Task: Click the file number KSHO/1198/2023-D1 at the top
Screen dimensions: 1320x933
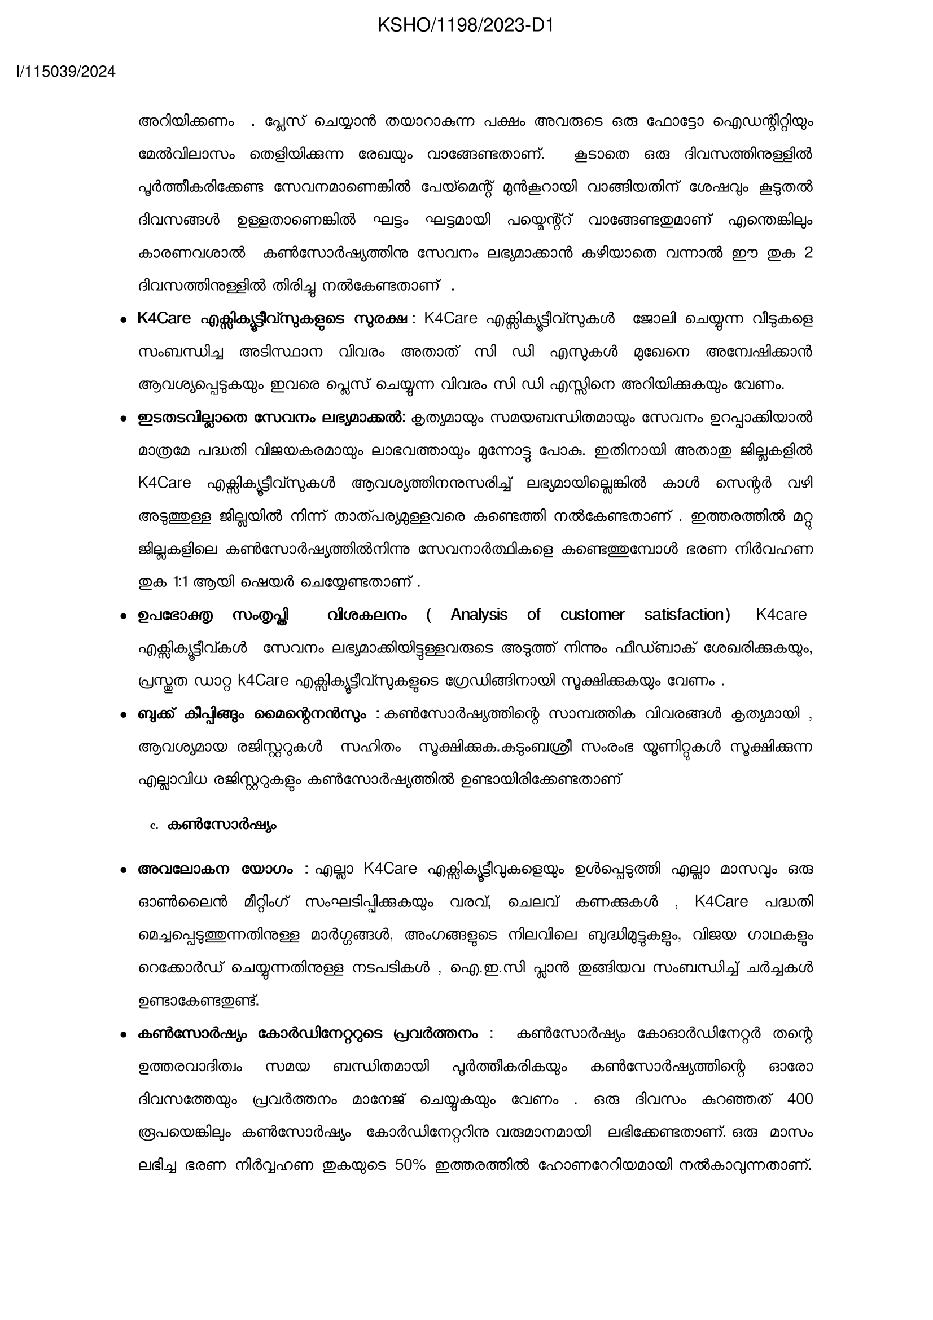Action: [x=466, y=25]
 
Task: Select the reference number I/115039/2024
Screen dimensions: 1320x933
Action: [x=66, y=72]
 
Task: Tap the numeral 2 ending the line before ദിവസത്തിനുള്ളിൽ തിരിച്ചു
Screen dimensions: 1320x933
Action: [x=808, y=253]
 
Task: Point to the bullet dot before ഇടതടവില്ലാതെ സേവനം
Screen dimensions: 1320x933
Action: [x=122, y=419]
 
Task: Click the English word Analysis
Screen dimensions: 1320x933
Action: [x=479, y=615]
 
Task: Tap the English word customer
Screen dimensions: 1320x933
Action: [x=592, y=615]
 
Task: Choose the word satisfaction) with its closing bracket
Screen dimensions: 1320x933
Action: [x=687, y=615]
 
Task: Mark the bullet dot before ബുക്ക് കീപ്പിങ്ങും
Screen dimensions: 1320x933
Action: [x=122, y=716]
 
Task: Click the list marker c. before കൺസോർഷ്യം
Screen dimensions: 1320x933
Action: [x=154, y=826]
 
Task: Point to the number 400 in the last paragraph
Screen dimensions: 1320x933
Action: [x=800, y=1099]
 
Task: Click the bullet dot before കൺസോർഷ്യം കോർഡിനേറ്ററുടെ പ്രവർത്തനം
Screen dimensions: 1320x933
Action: [x=122, y=1035]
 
